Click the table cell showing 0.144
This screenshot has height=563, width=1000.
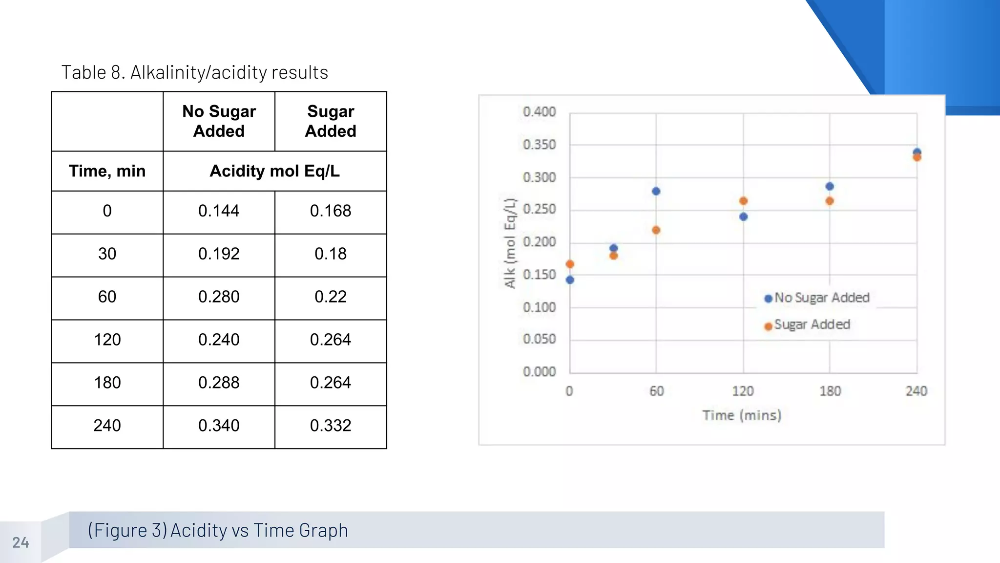(219, 211)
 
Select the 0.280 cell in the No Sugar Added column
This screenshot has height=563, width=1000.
(219, 297)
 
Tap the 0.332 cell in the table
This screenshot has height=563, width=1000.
(331, 426)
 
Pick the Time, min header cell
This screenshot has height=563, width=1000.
(107, 171)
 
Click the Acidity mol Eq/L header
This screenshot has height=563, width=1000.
(274, 171)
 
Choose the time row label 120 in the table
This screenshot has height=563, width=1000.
(107, 340)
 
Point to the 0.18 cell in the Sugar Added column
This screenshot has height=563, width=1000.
(331, 254)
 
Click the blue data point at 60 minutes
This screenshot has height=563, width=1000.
(656, 191)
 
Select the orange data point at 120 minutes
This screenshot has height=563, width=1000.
(743, 201)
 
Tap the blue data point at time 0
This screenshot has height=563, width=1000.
(570, 280)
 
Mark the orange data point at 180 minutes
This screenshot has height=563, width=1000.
(830, 201)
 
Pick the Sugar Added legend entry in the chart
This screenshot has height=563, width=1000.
(808, 325)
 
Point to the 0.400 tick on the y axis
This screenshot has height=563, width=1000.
(539, 112)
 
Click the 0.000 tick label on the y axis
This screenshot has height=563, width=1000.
(539, 372)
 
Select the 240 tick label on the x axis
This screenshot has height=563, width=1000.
(917, 391)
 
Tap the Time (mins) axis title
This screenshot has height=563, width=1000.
(742, 415)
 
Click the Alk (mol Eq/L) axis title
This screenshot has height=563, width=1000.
(510, 243)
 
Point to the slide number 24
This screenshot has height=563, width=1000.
(21, 542)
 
